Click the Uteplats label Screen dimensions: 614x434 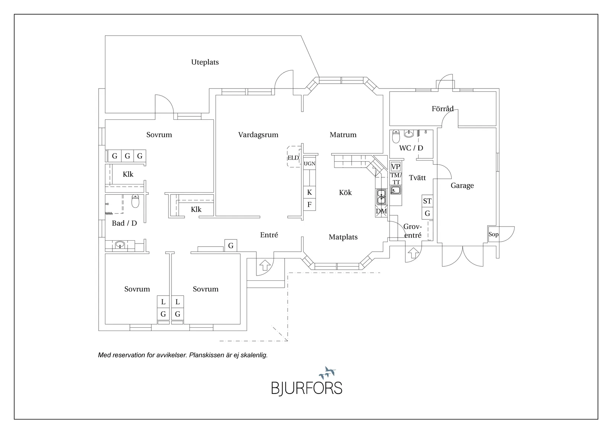tap(205, 62)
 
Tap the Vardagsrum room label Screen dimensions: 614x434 tap(258, 135)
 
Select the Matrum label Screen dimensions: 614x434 tap(343, 135)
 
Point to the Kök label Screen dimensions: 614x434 tap(345, 193)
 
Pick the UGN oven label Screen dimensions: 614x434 tap(310, 164)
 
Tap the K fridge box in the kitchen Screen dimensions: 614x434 tap(310, 192)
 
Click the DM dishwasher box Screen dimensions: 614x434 tap(381, 211)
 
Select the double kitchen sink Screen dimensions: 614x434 tap(381, 197)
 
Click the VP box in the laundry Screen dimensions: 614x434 tap(396, 167)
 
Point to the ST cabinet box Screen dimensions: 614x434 tap(427, 201)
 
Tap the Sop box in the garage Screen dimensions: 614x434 tap(493, 234)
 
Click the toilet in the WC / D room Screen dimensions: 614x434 tap(396, 136)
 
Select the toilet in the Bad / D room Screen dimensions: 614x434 tap(135, 201)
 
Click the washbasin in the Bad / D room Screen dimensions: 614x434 tap(120, 244)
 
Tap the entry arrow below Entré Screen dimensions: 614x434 tap(265, 265)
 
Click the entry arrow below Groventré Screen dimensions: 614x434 tap(413, 253)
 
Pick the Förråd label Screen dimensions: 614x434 tap(443, 109)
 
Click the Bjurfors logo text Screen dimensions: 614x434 tap(307, 388)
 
